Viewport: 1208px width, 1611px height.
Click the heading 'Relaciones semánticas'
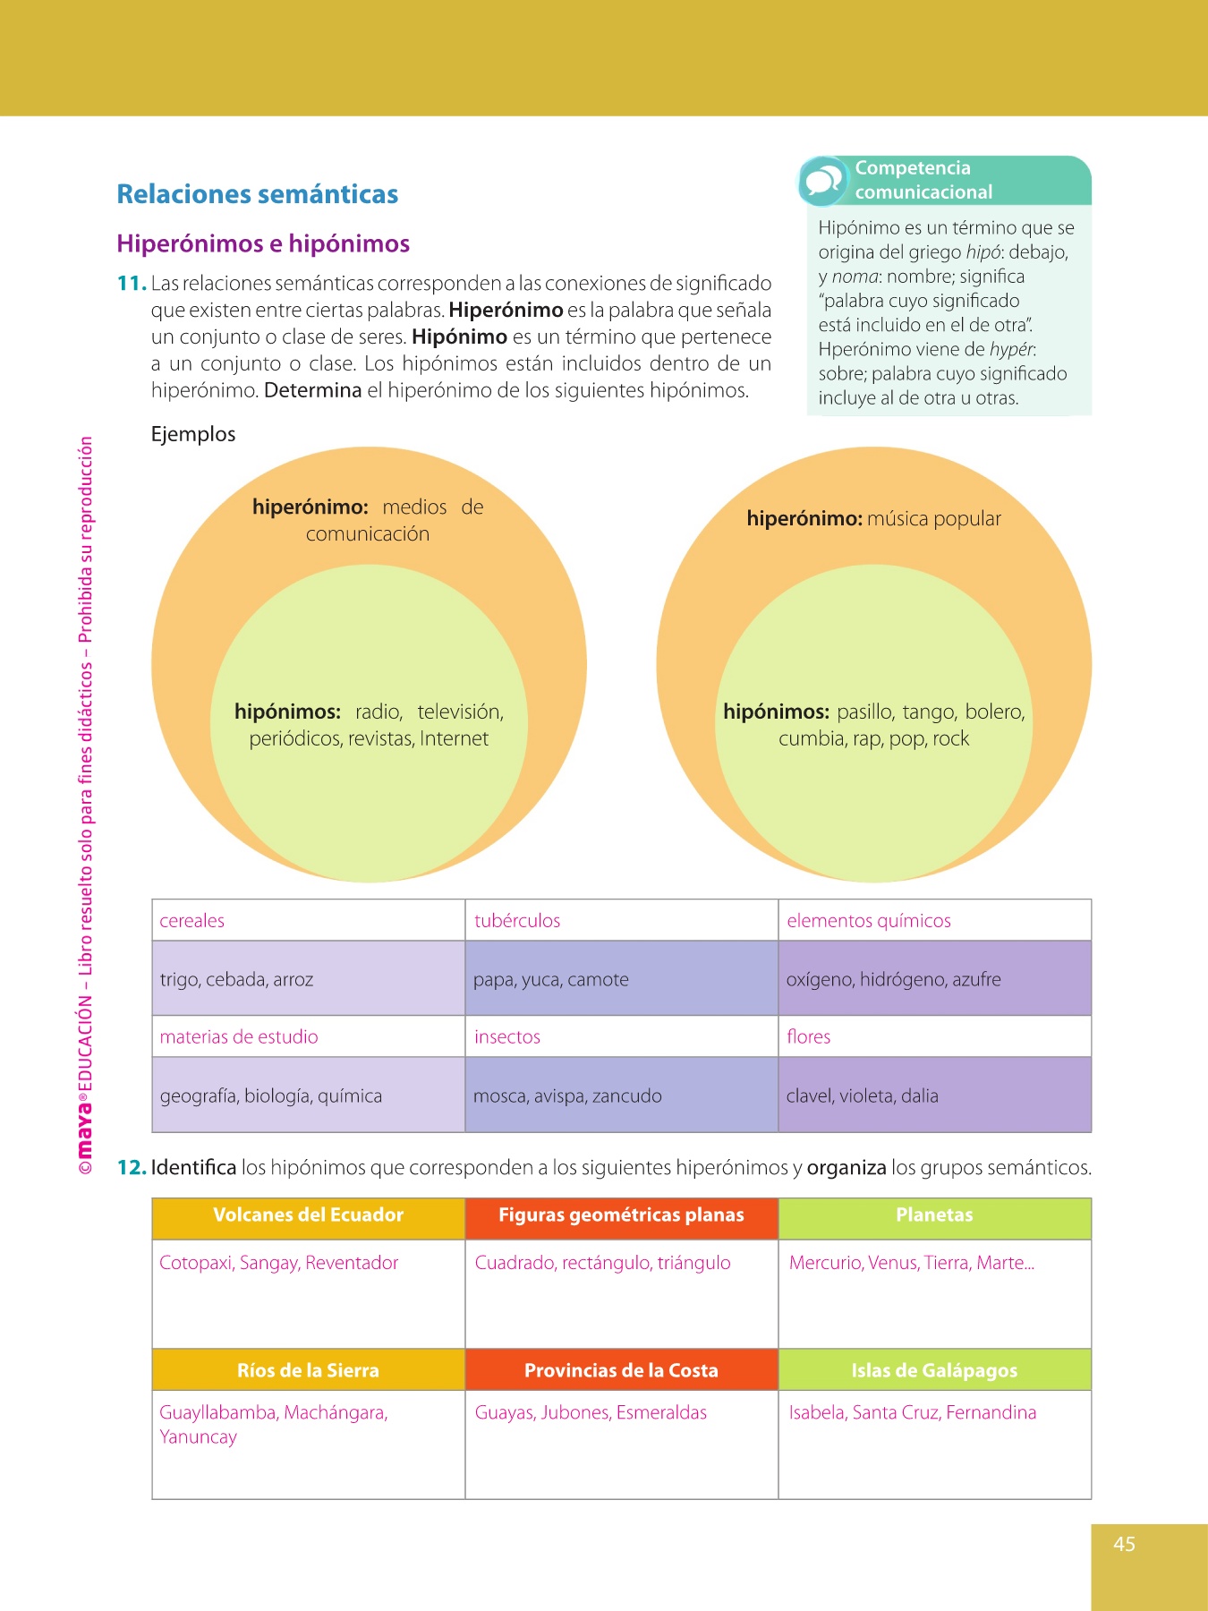pos(258,194)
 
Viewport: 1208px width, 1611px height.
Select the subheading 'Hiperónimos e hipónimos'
pos(263,243)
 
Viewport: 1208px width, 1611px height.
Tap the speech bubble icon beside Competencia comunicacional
pos(822,181)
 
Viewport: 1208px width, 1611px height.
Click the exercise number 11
pos(131,284)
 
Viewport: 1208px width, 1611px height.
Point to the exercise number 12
pos(131,1168)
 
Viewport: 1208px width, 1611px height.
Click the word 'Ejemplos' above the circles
pos(193,434)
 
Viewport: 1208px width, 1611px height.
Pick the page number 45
pos(1124,1544)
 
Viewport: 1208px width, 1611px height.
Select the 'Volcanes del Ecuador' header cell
pos(308,1215)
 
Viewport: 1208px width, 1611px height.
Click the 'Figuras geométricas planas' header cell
pos(621,1215)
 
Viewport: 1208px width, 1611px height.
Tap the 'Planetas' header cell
pos(934,1215)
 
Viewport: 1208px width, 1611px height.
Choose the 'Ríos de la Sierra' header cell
pos(308,1370)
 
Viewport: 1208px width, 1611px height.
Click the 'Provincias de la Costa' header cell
pos(621,1370)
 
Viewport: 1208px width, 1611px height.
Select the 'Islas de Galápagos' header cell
pos(934,1370)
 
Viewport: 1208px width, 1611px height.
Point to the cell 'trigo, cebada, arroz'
pos(236,980)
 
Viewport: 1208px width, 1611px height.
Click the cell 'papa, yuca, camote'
pos(550,980)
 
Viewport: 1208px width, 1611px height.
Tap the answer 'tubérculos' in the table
pos(517,921)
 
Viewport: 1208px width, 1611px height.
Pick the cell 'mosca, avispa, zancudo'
pos(567,1096)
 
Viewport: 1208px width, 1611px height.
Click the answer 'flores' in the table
pos(808,1037)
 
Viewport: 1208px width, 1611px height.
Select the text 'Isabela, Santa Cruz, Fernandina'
pos(912,1413)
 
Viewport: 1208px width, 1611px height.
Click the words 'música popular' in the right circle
pos(933,519)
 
